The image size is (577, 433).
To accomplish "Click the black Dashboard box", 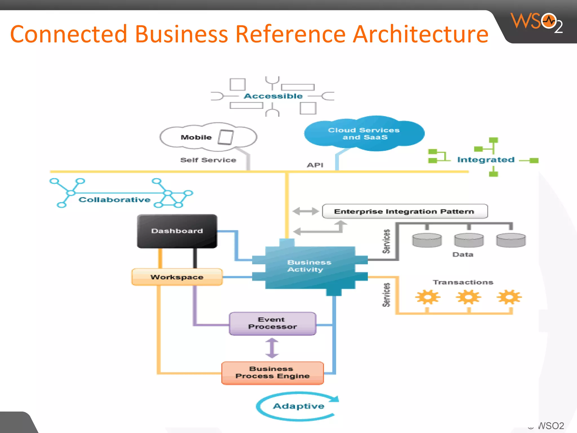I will tap(177, 231).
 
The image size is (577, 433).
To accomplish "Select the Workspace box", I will tap(177, 277).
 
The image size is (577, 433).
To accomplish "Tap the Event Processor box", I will tap(272, 323).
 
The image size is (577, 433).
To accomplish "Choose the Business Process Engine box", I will tap(272, 373).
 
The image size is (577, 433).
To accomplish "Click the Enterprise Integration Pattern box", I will tap(405, 211).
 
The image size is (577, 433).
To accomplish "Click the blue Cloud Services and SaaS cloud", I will tap(364, 134).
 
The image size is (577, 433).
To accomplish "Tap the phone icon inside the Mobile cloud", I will tap(226, 137).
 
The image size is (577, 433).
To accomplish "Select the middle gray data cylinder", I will tap(469, 240).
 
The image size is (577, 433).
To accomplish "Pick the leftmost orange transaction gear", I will tap(427, 297).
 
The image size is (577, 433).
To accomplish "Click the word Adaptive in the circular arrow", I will tap(299, 406).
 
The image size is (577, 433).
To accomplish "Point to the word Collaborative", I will tap(114, 200).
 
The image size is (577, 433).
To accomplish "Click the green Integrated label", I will tap(486, 160).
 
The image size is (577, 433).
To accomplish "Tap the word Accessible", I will tap(273, 96).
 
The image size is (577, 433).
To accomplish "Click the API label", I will tap(315, 165).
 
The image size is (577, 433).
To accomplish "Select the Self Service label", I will tap(208, 160).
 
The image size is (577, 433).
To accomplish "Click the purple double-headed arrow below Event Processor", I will tap(272, 348).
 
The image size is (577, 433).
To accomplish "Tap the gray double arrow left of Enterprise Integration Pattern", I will tap(306, 211).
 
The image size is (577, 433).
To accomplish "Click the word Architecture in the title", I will tap(421, 34).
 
